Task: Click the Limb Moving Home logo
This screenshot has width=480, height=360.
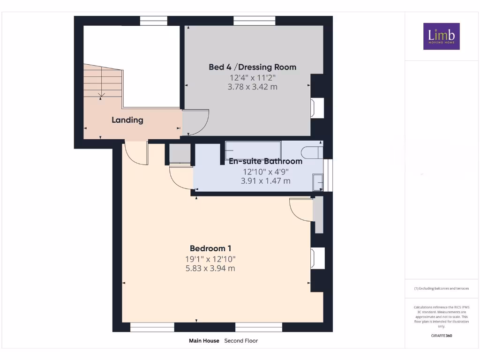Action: [442, 36]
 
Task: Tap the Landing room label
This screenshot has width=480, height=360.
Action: [127, 120]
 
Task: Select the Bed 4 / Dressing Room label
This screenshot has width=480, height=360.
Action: [253, 67]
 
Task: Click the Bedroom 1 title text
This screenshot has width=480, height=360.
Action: [210, 248]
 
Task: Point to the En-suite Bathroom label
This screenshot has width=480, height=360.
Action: [265, 161]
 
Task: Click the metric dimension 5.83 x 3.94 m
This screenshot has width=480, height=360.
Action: [210, 269]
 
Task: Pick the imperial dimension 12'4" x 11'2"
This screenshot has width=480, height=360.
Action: [253, 78]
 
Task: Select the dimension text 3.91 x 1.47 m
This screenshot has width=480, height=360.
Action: [265, 181]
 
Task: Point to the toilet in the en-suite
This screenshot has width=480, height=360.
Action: [312, 152]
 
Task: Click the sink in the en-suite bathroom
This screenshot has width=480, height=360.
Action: [318, 182]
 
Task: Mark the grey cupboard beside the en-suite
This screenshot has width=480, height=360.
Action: [180, 153]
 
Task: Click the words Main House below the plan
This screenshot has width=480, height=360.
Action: [204, 341]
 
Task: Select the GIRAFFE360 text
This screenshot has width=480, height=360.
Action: [442, 336]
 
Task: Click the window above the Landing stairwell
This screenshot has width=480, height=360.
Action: [154, 21]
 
